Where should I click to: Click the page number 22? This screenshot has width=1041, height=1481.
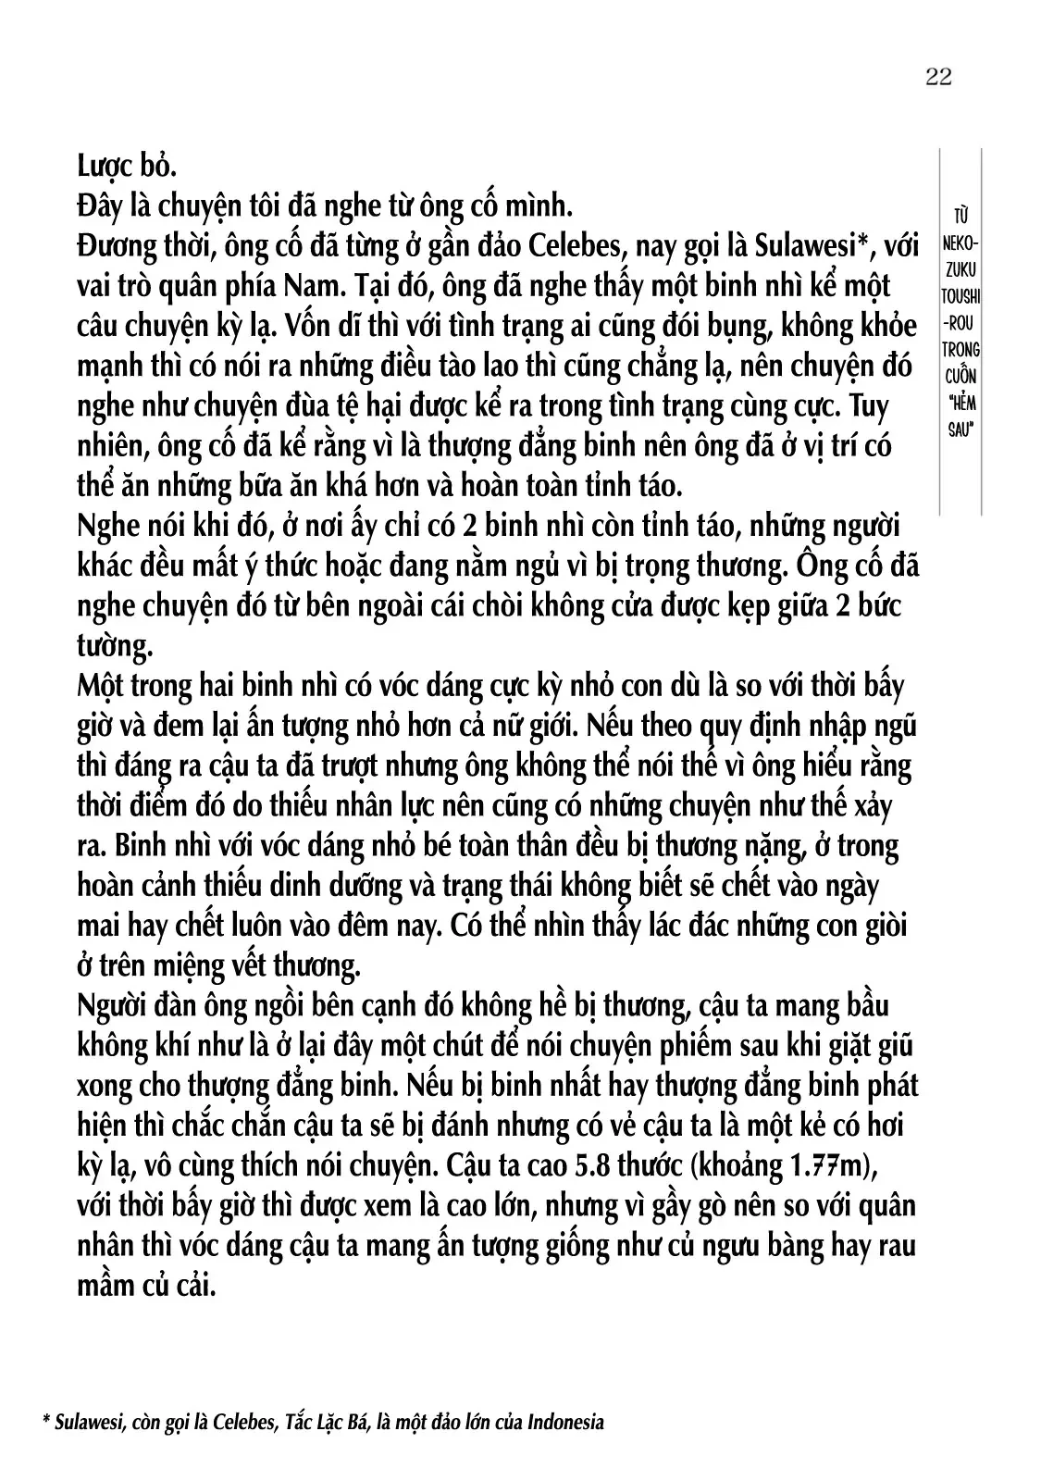pos(937,76)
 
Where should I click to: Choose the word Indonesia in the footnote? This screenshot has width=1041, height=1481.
pos(564,1422)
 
